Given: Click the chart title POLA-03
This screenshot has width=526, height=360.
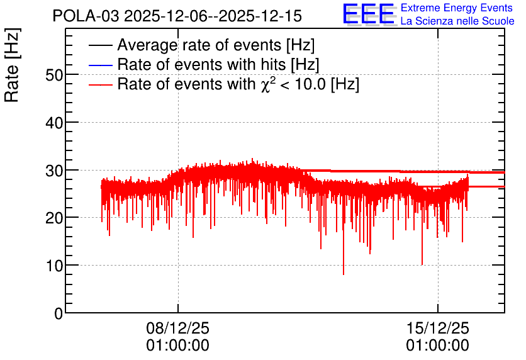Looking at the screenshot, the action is [x=86, y=16].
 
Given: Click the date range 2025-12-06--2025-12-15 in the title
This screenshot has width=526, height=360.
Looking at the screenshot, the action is [x=213, y=16].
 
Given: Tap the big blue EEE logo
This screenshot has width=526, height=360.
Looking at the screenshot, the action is [x=369, y=14].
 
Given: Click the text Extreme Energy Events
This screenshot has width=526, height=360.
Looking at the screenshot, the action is [x=457, y=8].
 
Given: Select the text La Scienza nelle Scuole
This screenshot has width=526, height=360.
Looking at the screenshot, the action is [x=457, y=21].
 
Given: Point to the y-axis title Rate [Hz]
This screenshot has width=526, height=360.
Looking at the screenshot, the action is [x=12, y=65].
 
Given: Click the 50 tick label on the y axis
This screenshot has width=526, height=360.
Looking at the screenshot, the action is [x=54, y=75].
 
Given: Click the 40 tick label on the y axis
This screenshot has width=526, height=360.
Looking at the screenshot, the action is [x=54, y=123].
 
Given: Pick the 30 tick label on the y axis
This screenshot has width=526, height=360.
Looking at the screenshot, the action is [x=54, y=171].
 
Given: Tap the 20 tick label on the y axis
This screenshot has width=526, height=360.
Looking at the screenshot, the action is [x=54, y=218].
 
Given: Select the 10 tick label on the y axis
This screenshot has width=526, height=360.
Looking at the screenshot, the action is [x=54, y=266].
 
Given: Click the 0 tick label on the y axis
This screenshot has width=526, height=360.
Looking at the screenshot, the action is [x=59, y=313].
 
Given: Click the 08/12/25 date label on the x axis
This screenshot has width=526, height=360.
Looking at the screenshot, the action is [x=178, y=328].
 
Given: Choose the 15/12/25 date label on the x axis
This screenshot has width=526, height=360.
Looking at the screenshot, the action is [x=438, y=328].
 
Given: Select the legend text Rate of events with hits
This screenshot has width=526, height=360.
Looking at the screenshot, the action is [x=218, y=64].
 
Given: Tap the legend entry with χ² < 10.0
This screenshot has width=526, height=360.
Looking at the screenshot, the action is [x=238, y=84].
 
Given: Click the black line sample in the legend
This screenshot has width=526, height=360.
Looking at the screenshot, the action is [x=100, y=45].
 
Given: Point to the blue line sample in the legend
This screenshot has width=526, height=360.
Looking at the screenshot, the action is [x=100, y=65].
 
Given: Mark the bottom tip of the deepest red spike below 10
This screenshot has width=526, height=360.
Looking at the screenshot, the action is [x=344, y=275].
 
